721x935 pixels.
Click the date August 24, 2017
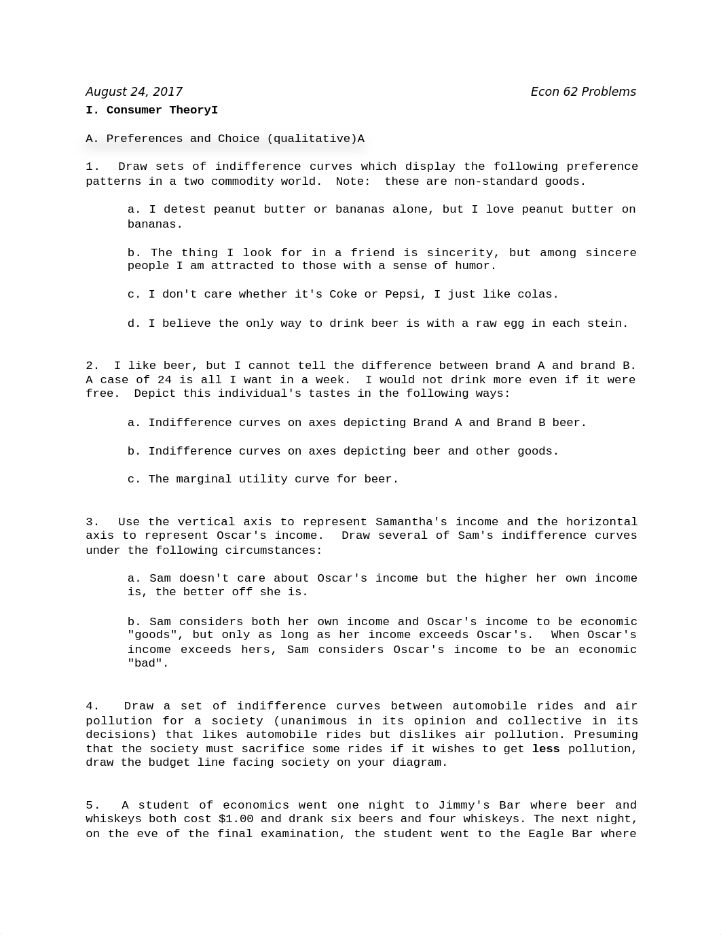pos(134,92)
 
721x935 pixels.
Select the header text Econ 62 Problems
pos(583,92)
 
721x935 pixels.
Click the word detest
pos(185,209)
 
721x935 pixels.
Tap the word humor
pos(475,266)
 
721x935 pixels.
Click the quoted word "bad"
pos(148,663)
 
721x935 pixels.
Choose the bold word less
pos(546,749)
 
